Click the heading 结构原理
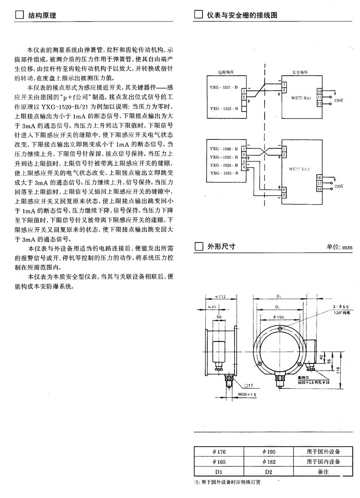click(42, 15)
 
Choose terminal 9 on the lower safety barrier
click(284, 195)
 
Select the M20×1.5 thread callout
click(247, 395)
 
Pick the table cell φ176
click(219, 452)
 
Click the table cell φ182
click(269, 462)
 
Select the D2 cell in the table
click(269, 472)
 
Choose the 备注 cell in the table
click(323, 472)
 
